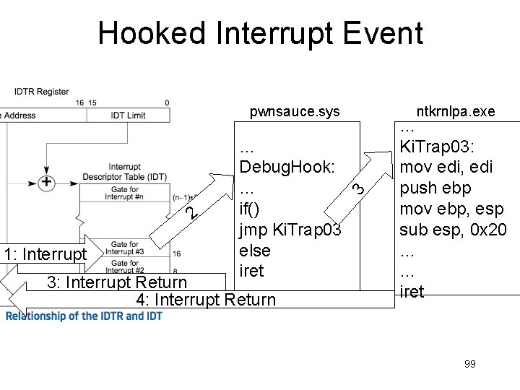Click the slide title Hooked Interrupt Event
(260, 34)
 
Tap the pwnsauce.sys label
(294, 112)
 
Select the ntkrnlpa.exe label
(456, 111)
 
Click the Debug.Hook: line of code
(287, 167)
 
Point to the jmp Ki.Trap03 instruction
(290, 230)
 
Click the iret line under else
(252, 271)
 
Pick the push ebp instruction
(435, 188)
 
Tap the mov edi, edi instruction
(446, 168)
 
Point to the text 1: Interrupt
(44, 254)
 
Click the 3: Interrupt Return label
(117, 282)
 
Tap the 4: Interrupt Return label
(206, 300)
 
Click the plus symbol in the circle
(46, 181)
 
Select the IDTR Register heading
(42, 92)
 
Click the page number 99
(470, 364)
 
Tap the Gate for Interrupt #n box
(125, 193)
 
